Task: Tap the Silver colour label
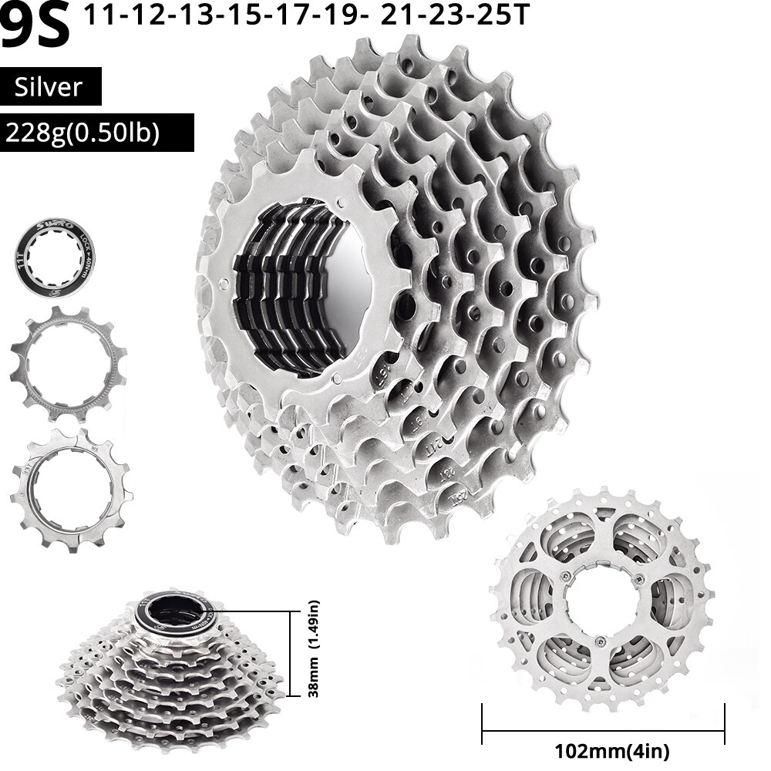coord(51,86)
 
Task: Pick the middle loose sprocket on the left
coord(68,364)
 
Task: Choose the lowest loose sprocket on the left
coord(68,489)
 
